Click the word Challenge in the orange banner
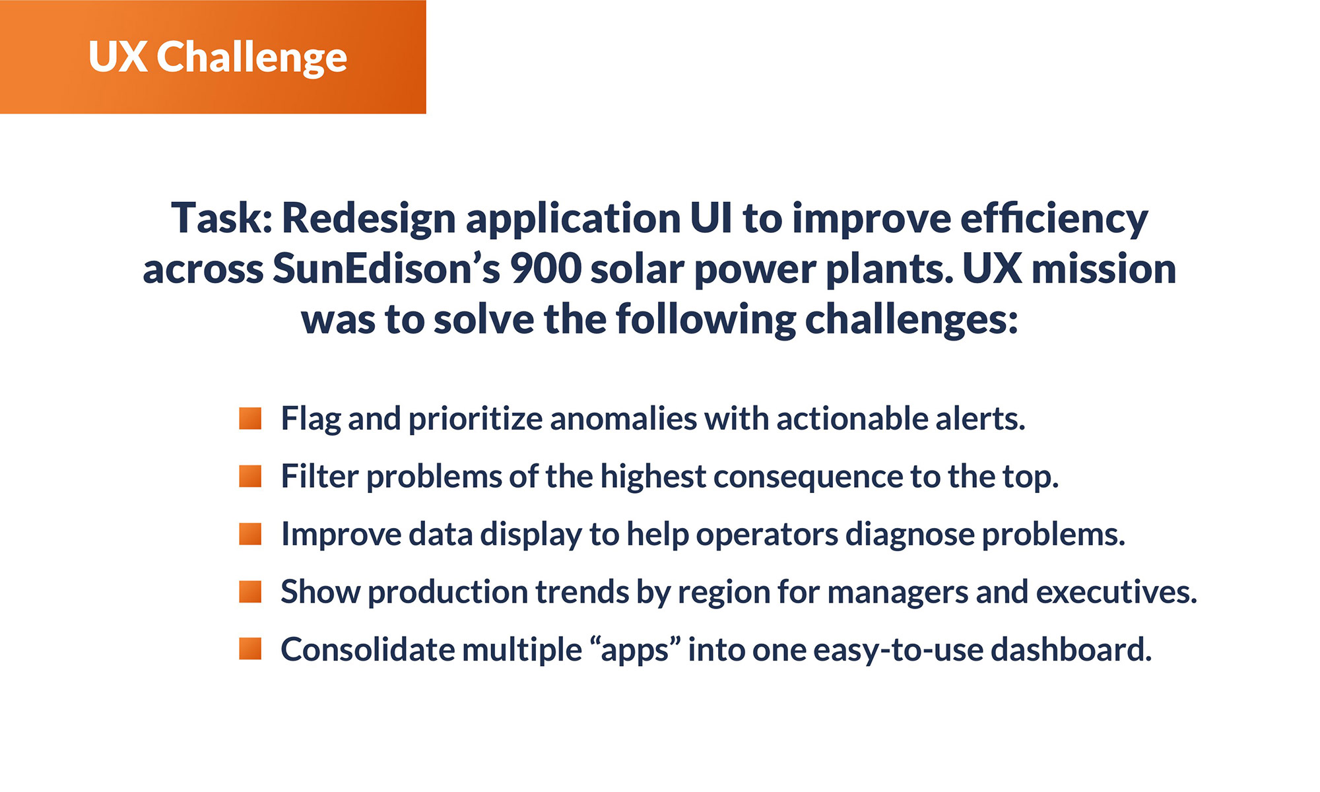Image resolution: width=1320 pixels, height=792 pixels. click(251, 57)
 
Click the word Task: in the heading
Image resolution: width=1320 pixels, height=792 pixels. click(222, 218)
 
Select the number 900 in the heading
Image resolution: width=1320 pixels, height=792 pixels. click(546, 269)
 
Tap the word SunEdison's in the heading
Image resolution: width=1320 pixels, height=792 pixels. click(386, 269)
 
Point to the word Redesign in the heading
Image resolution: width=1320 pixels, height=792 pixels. click(368, 219)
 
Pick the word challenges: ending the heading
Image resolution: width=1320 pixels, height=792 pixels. click(911, 320)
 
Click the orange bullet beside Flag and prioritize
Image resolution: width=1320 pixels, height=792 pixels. click(250, 418)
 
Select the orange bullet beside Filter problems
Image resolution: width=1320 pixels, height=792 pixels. click(250, 476)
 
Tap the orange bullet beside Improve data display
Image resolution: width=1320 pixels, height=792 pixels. click(250, 534)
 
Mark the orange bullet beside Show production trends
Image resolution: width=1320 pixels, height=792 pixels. click(250, 592)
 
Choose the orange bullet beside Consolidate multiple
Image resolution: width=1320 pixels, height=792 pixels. click(250, 649)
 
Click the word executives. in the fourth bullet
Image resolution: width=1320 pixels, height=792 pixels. click(1116, 592)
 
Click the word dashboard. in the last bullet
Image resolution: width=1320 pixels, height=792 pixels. click(1071, 650)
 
